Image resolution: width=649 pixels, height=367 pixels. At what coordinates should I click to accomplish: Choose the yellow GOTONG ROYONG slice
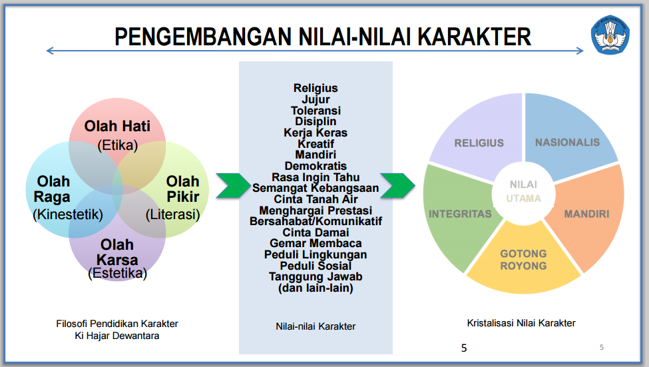pos(523,263)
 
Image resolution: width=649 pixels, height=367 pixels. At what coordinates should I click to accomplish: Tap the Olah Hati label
pos(117,126)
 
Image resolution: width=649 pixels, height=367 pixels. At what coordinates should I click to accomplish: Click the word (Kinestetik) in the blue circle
pos(67,214)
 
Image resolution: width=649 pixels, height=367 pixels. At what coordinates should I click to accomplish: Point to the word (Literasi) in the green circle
pos(172,214)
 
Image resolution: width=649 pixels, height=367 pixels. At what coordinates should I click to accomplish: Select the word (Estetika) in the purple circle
pos(117,273)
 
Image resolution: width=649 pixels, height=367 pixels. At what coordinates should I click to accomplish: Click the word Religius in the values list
pos(316,88)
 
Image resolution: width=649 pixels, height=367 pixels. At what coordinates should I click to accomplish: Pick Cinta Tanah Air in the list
pos(316,199)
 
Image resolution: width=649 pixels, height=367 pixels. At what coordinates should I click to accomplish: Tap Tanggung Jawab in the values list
pos(316,276)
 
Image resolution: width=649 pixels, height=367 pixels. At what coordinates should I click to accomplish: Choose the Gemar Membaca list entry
pos(316,243)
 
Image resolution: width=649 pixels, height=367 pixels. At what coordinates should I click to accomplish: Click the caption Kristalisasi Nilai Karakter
pos(521,323)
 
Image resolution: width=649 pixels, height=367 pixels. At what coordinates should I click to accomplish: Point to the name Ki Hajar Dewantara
pos(117,336)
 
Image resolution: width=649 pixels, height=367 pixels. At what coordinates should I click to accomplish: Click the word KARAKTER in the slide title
pos(475,37)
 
